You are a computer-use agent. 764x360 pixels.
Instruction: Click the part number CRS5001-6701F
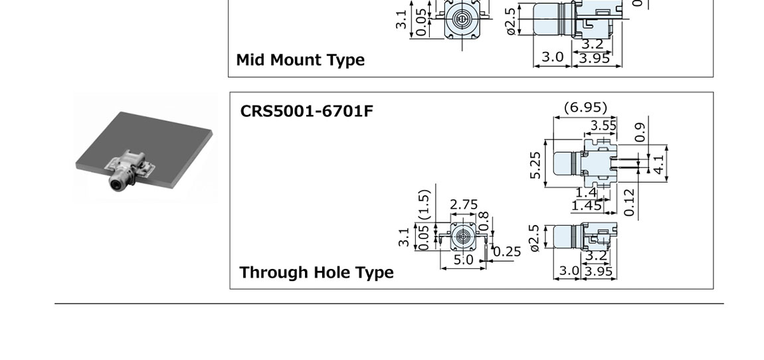click(x=306, y=110)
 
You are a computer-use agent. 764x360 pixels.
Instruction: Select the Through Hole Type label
click(x=316, y=272)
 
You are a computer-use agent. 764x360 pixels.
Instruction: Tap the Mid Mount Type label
click(x=300, y=60)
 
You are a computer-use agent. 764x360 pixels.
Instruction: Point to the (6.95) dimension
click(x=585, y=107)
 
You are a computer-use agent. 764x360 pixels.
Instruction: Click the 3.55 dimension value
click(x=603, y=126)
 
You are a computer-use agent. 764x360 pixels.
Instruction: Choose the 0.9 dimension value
click(x=640, y=132)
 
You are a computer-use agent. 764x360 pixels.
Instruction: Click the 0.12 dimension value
click(x=630, y=203)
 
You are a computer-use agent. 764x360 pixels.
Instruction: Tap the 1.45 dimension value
click(x=587, y=206)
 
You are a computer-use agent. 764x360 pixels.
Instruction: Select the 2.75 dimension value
click(x=464, y=205)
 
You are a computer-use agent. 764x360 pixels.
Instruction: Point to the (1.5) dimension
click(x=425, y=204)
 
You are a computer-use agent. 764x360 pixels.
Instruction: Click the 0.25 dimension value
click(x=508, y=251)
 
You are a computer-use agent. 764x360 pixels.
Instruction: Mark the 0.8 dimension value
click(x=484, y=221)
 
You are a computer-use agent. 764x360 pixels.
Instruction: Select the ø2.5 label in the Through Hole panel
click(x=535, y=238)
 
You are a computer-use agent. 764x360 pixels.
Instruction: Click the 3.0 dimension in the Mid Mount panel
click(x=552, y=57)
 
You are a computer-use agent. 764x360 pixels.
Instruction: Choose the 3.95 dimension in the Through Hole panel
click(x=599, y=271)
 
